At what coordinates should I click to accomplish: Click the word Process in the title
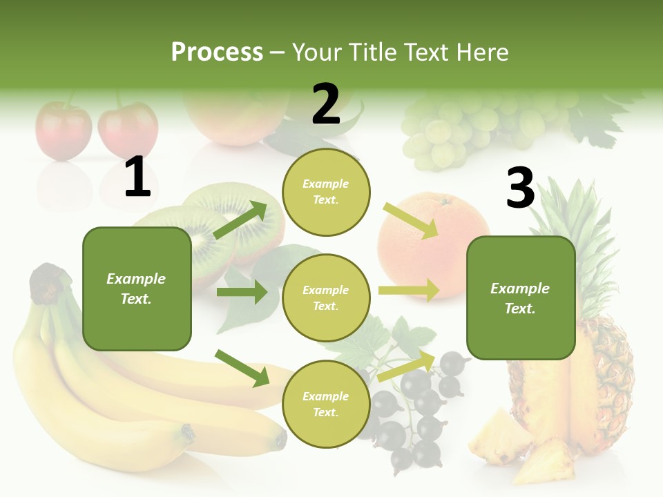pos(217,52)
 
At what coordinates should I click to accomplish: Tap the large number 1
pos(137,177)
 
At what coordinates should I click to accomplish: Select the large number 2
pos(326,104)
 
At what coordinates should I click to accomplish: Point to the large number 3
pos(520,188)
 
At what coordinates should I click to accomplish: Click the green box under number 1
pos(137,289)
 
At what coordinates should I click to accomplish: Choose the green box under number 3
pos(521,298)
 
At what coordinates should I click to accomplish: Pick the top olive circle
pos(326,191)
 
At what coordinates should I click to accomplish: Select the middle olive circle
pos(326,298)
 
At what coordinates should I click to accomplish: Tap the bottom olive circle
pos(326,404)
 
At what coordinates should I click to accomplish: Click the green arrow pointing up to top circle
pos(240,220)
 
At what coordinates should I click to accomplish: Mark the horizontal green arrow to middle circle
pos(242,292)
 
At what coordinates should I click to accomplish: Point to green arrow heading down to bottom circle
pos(242,368)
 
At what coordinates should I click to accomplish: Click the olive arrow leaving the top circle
pos(412,220)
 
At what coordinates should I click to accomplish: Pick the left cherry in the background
pos(64,130)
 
